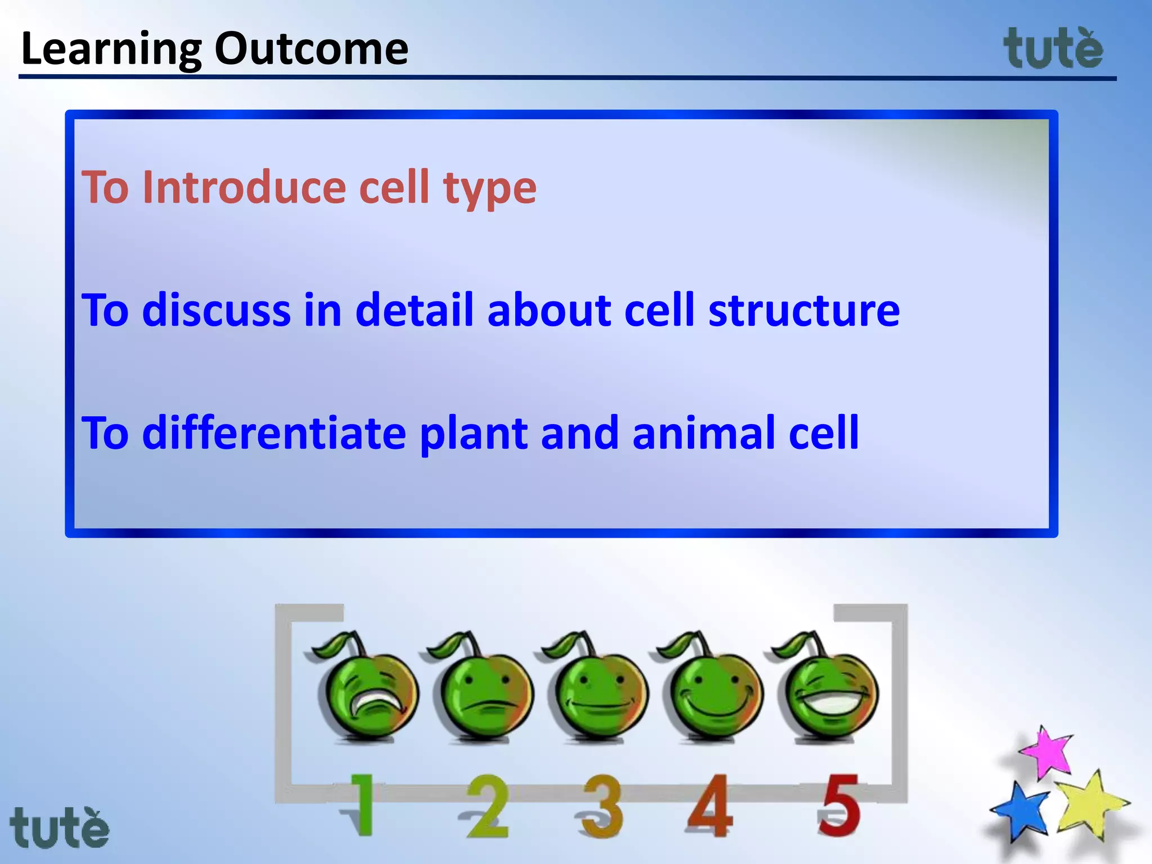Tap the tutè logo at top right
1053,49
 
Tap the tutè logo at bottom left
60,828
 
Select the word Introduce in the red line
244,187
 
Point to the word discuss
216,310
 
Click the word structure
804,311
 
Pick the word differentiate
274,433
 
